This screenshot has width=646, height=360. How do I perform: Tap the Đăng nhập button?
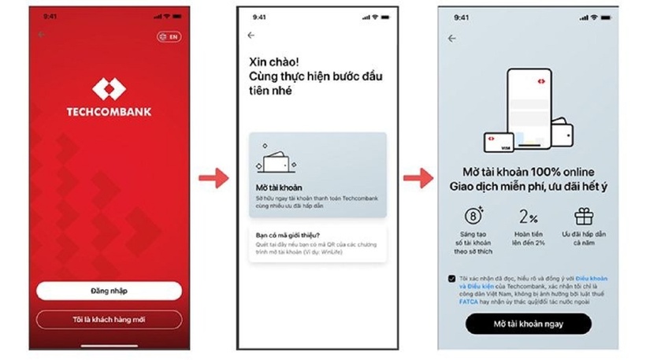point(109,291)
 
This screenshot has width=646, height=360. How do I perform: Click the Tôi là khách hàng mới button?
point(109,319)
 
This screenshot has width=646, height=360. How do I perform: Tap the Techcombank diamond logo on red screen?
point(109,89)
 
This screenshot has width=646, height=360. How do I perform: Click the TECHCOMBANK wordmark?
point(109,112)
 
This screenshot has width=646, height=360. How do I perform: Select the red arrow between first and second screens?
point(213,179)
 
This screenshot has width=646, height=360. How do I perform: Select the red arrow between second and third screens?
point(418,179)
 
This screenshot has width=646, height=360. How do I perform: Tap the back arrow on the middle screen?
point(251,35)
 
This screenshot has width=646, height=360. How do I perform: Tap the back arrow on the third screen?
point(452,39)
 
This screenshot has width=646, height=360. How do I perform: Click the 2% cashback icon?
point(529,217)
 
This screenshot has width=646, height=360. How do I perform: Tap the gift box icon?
point(584,216)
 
